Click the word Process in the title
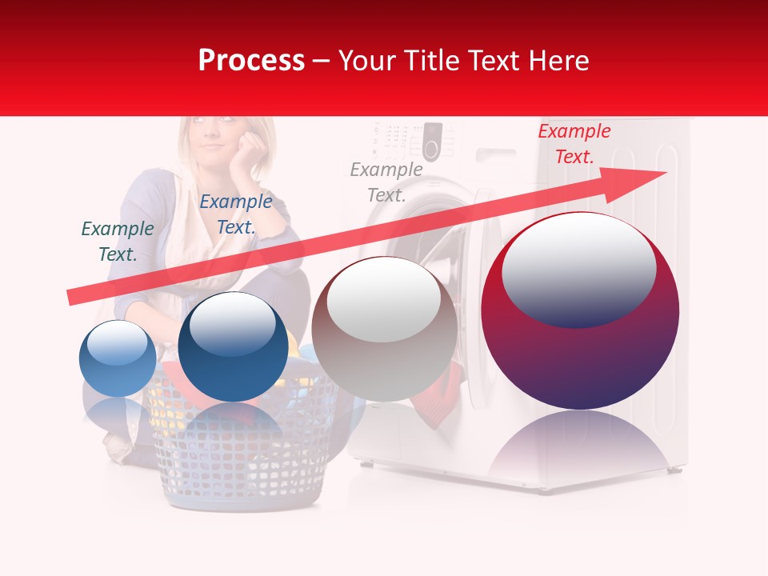pos(251,61)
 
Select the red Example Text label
pos(574,144)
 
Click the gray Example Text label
pos(386,182)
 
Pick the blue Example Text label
pos(236,214)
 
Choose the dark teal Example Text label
pos(118,241)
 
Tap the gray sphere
pos(384,330)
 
